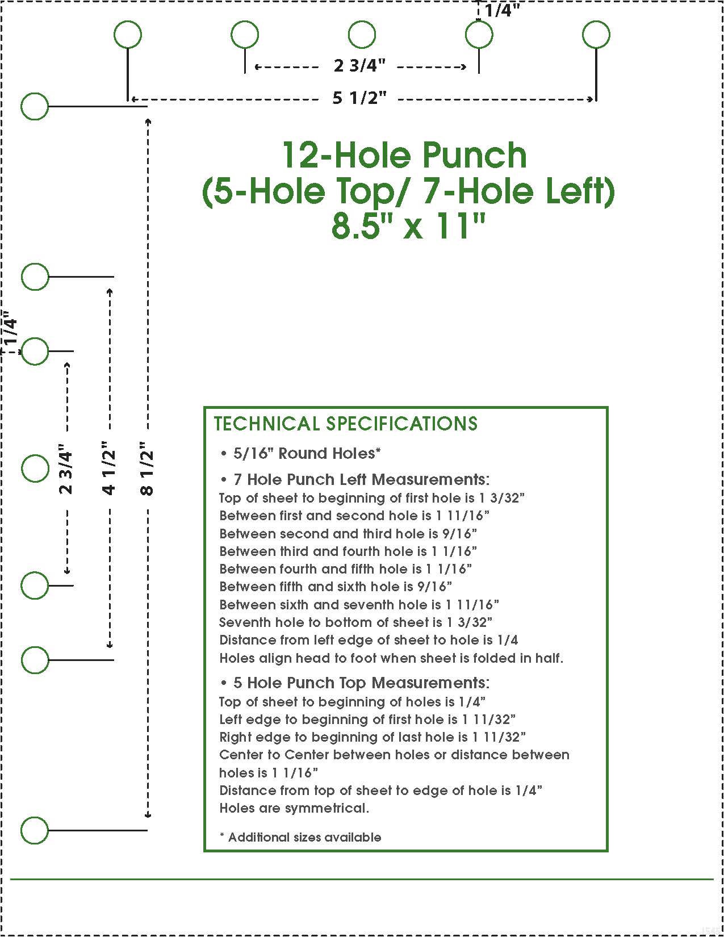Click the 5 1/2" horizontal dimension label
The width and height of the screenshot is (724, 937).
point(359,99)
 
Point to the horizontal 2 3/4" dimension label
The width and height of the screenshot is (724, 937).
point(359,66)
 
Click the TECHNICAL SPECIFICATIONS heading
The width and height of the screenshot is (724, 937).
point(346,424)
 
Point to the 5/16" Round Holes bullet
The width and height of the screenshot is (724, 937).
point(300,453)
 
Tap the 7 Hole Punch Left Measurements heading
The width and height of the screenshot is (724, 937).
point(355,479)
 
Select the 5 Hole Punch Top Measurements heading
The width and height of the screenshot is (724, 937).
point(355,683)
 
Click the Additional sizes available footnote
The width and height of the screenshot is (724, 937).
point(300,837)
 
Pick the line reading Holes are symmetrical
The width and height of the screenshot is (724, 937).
point(294,808)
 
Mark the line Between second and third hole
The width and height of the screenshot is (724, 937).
point(348,533)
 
